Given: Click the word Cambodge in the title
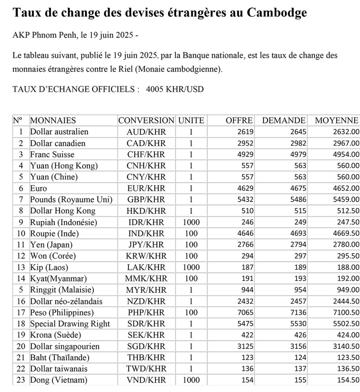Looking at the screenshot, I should (277, 13).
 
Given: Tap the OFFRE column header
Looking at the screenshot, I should (239, 120).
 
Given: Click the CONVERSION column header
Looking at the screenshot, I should (146, 120).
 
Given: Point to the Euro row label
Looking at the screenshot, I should (38, 188).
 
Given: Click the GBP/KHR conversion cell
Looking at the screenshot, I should (146, 200).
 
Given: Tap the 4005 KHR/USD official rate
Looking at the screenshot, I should (175, 89).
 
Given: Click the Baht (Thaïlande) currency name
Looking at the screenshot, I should (60, 358).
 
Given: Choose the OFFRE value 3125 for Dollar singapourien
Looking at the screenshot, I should (245, 347).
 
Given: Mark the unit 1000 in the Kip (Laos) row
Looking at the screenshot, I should (191, 267).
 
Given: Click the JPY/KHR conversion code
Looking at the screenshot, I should (146, 245).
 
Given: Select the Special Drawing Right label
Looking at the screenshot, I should (70, 324).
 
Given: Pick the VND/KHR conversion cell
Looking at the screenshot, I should (146, 380).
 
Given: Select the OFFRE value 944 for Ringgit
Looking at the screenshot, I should (247, 290).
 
